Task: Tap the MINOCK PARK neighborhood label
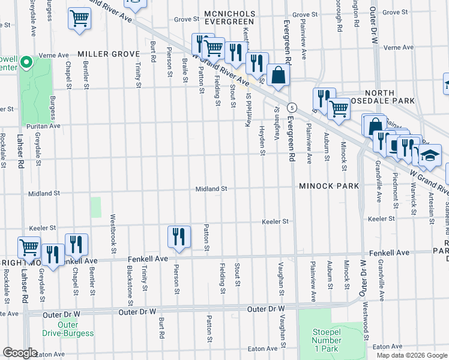point(330,186)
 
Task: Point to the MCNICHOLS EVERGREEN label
point(230,17)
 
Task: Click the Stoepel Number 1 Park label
point(326,341)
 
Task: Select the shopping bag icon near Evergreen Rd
point(279,76)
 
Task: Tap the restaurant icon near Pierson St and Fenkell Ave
point(178,236)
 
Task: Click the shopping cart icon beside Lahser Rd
point(29,247)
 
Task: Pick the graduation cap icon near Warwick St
point(430,156)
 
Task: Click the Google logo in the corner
point(20,353)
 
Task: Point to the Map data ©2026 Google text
point(412,355)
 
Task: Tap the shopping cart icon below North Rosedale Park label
point(339,109)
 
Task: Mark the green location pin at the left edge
point(26,62)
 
